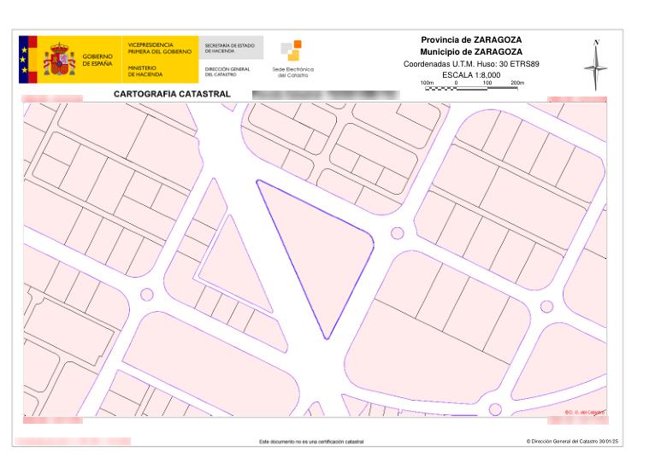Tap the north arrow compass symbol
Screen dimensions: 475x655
pos(596,65)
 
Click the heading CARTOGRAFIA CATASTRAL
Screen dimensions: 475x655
pos(171,93)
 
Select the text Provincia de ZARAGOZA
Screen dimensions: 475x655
pos(471,40)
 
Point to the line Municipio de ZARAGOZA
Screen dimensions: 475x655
pos(471,52)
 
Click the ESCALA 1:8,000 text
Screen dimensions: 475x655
pos(471,75)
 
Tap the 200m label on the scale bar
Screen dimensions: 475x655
pos(516,82)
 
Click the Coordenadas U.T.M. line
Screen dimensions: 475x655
pos(471,64)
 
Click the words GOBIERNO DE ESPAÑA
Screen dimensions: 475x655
pos(97,61)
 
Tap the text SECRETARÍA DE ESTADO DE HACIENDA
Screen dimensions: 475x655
pos(230,48)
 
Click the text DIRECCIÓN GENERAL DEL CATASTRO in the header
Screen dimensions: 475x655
pos(227,71)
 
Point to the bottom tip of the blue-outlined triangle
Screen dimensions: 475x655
pos(326,338)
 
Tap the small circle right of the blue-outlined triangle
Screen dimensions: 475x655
pos(397,232)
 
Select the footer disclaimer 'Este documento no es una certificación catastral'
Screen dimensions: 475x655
pos(311,442)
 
